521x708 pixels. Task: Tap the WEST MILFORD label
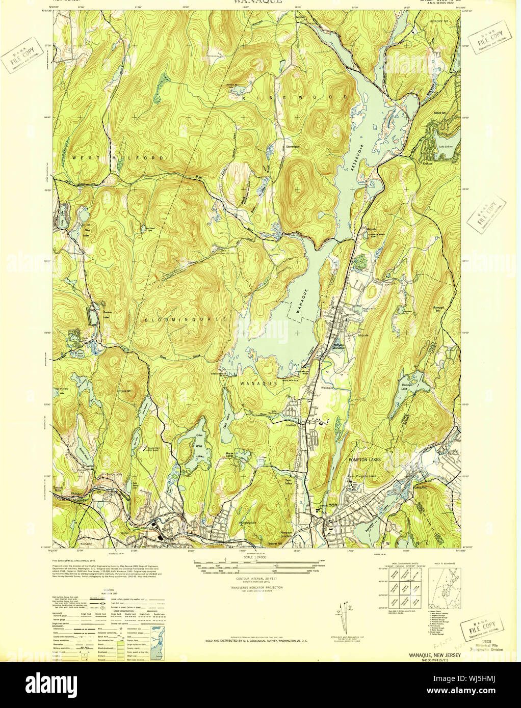(x=118, y=158)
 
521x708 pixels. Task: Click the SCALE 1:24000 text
(x=255, y=557)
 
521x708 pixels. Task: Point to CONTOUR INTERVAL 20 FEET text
(x=255, y=579)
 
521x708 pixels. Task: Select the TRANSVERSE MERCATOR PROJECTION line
(x=255, y=587)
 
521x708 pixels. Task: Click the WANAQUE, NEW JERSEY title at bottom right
(x=434, y=655)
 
